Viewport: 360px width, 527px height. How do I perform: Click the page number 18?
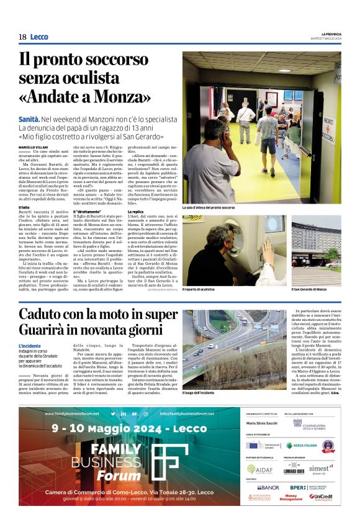coord(22,37)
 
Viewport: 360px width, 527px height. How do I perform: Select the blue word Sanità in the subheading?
coord(29,119)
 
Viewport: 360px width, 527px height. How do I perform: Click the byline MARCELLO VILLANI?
coord(32,146)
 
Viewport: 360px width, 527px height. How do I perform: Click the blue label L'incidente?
coord(30,346)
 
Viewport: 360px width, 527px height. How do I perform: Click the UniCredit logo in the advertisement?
coord(321,497)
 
